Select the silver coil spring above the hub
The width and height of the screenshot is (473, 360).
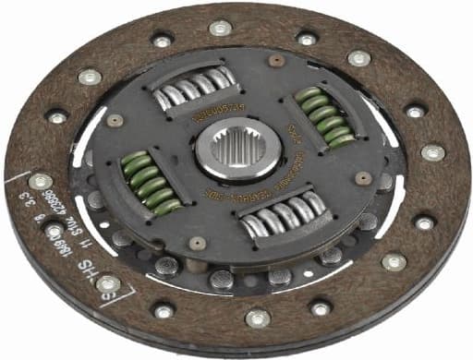[x=193, y=88]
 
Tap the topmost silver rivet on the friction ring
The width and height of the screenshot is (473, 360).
[x=219, y=28]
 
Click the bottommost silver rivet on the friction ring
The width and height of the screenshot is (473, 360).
[x=258, y=318]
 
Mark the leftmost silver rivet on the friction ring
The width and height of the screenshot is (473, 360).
[x=39, y=182]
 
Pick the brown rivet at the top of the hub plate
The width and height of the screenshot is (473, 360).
[x=275, y=61]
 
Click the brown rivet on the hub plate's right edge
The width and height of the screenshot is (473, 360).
[x=363, y=177]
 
